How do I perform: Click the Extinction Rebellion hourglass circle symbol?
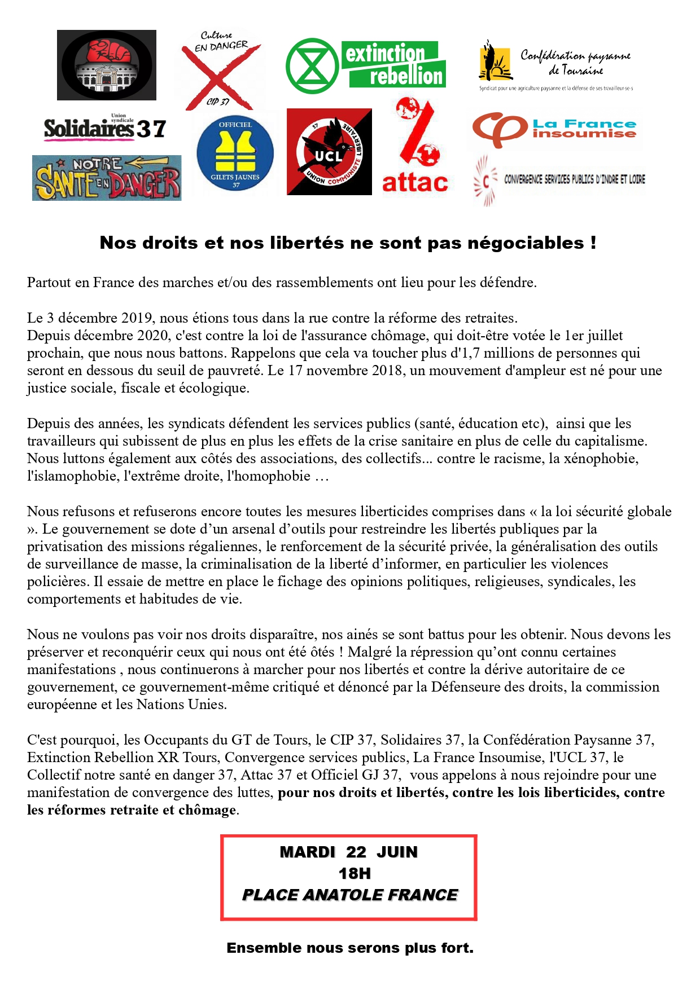click(312, 66)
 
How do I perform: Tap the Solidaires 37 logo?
click(105, 129)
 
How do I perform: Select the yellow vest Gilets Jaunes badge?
click(235, 153)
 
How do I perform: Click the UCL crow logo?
click(329, 152)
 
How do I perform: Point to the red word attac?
click(415, 183)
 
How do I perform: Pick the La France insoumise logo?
click(554, 129)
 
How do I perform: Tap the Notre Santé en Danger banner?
click(107, 178)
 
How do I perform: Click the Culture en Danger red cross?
click(220, 71)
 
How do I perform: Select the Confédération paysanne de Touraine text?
click(575, 62)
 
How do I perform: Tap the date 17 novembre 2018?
click(335, 371)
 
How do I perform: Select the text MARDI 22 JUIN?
click(348, 852)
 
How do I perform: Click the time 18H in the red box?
click(354, 874)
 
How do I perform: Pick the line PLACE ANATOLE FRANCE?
click(349, 895)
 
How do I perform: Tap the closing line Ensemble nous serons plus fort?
click(350, 948)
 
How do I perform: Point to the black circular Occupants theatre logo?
click(107, 65)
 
